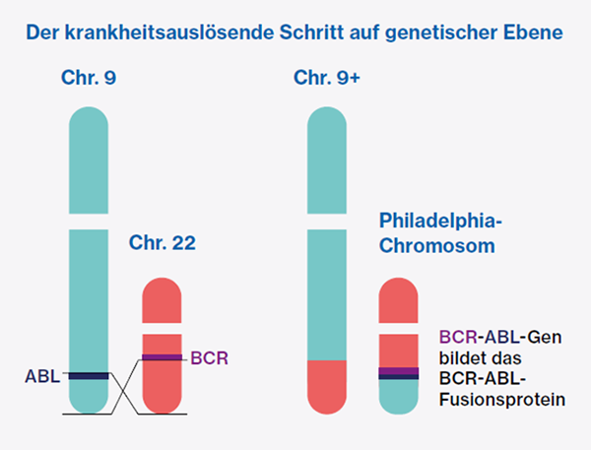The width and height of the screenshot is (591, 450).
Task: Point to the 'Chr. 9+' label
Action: [x=327, y=78]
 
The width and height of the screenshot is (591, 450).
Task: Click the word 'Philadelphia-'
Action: [x=442, y=220]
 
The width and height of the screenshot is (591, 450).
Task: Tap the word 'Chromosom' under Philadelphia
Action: [x=436, y=245]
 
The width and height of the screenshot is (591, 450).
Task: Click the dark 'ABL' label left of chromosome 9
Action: [x=42, y=375]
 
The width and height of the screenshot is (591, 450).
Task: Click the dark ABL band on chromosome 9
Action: [x=89, y=375]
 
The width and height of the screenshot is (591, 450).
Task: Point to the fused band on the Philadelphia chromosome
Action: [x=400, y=372]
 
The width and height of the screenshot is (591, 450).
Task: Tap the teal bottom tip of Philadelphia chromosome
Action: [x=400, y=396]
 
